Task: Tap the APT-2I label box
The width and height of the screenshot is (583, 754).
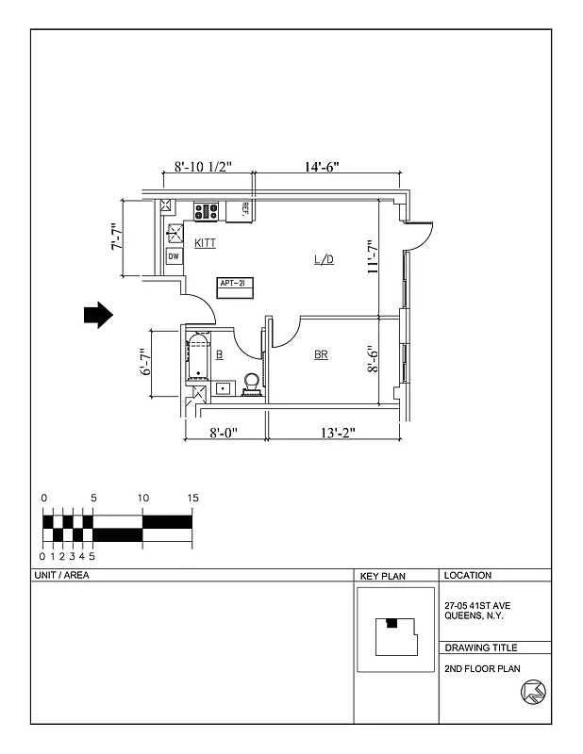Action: tap(232, 284)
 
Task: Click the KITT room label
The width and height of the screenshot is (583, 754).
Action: tap(205, 243)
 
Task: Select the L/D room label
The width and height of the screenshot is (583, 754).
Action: tap(323, 259)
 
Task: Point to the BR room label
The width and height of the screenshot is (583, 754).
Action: tap(321, 355)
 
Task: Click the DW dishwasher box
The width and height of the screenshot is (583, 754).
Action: tap(174, 256)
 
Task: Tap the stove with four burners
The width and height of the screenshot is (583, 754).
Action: tap(207, 211)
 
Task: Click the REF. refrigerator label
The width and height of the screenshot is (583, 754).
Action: tap(245, 209)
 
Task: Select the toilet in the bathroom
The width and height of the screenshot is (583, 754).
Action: tap(252, 385)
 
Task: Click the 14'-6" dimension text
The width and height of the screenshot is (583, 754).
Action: tap(322, 168)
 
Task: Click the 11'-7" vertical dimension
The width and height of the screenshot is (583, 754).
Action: tap(374, 256)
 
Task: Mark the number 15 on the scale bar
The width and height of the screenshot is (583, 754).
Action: tap(192, 498)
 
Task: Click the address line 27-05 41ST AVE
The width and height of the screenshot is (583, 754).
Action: tap(476, 606)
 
